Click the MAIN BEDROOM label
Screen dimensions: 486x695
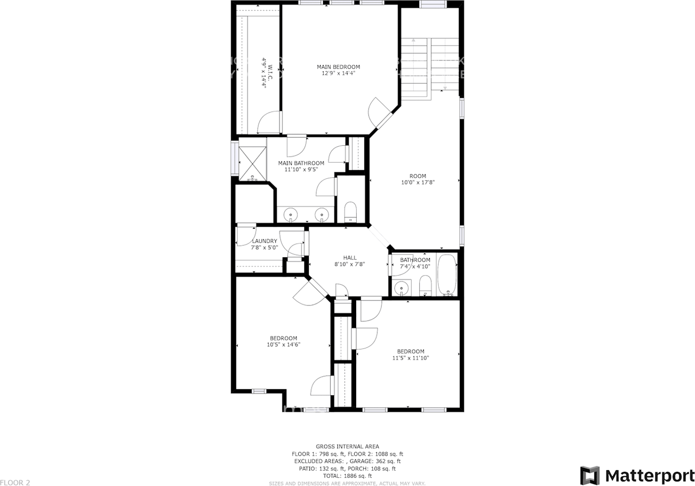tap(338, 67)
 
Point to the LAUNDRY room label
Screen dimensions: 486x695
tap(264, 241)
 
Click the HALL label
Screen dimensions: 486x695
tap(350, 258)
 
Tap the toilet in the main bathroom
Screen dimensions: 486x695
tap(350, 212)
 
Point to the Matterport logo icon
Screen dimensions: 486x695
tap(590, 475)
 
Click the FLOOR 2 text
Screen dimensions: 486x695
tap(15, 482)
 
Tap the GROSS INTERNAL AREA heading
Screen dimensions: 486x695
tap(347, 446)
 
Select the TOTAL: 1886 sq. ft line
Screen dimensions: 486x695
tap(347, 476)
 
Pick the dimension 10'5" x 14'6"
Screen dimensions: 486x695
tap(283, 344)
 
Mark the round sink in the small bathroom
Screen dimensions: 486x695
tap(401, 287)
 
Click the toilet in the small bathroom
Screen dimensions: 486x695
tap(425, 285)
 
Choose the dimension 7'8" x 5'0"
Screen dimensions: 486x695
tap(264, 247)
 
